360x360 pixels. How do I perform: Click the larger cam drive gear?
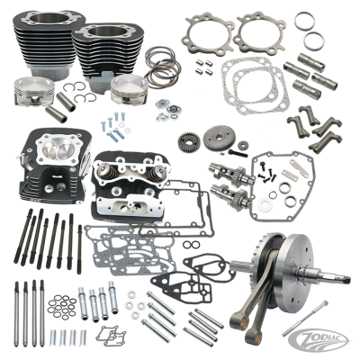215,141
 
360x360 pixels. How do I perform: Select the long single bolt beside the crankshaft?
328,319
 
